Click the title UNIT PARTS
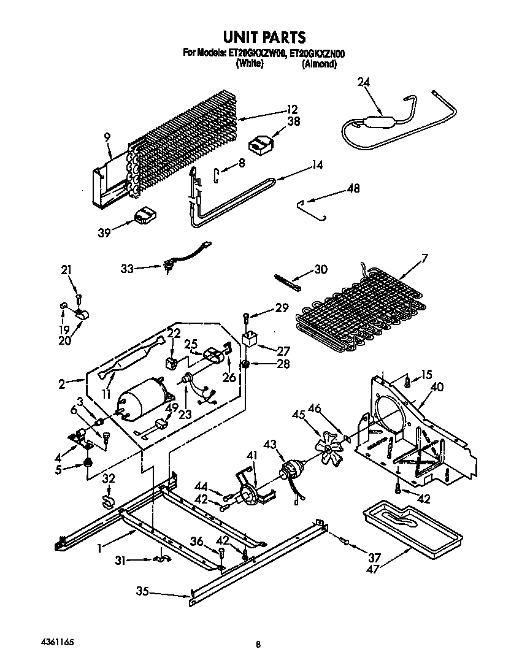coord(264,38)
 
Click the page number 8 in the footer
coord(259,644)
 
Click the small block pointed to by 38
coord(260,144)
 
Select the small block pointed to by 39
coord(145,216)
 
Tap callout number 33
coord(126,267)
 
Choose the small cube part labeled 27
coord(249,340)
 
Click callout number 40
coord(436,386)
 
